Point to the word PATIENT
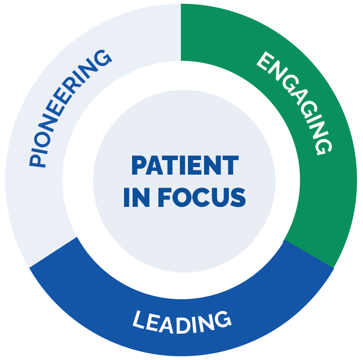tap(185, 166)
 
